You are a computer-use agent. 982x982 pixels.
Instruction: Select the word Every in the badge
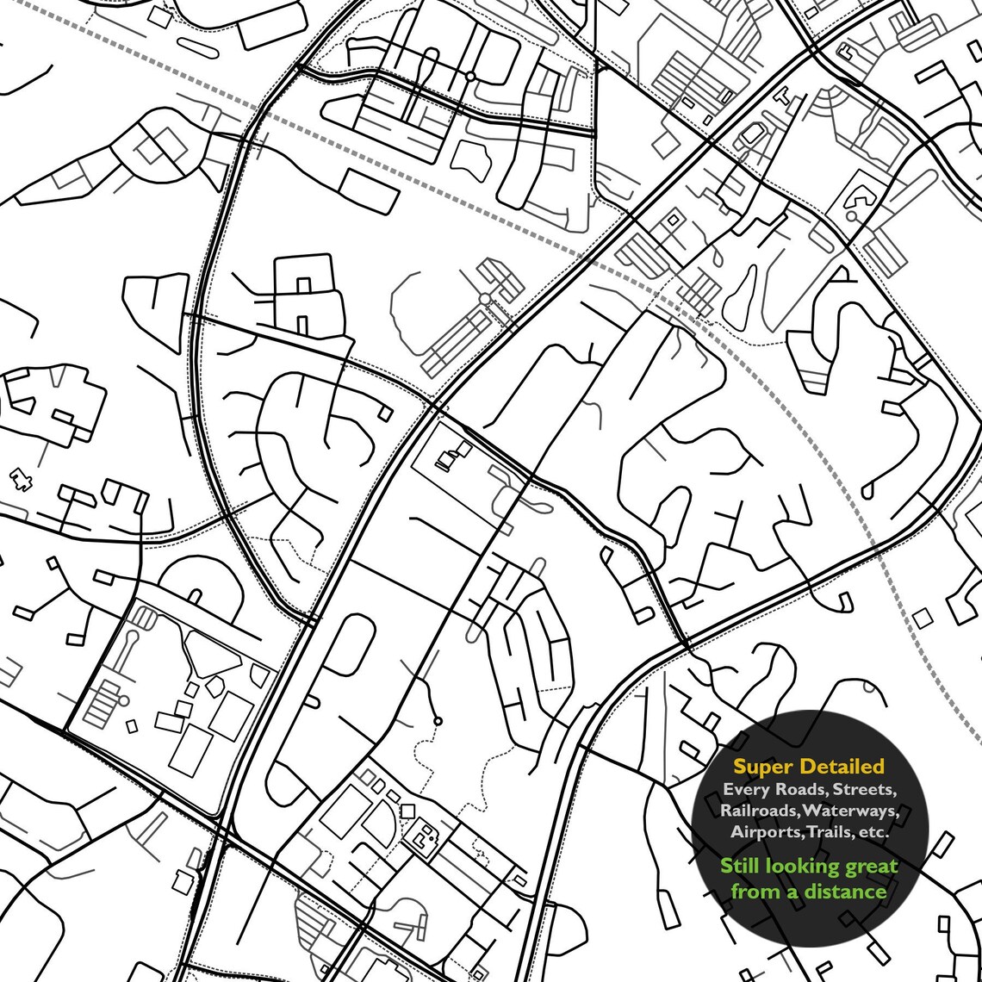click(x=743, y=789)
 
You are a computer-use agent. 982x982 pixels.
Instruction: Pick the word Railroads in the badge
click(x=758, y=811)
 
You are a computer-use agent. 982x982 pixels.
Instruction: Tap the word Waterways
click(x=851, y=811)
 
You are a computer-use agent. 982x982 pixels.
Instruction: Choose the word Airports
click(x=765, y=832)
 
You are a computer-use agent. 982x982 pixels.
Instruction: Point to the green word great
click(x=867, y=867)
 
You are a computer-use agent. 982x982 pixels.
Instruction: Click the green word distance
click(x=844, y=892)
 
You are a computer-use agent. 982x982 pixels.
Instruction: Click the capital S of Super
click(x=739, y=766)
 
